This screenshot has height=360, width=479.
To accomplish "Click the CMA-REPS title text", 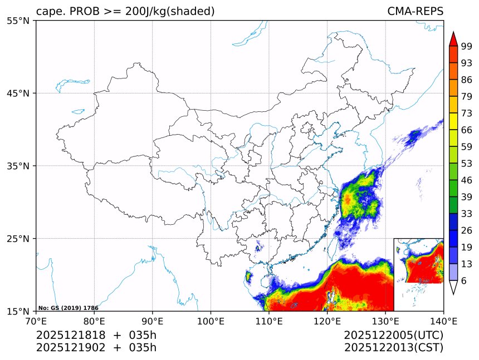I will [x=415, y=12].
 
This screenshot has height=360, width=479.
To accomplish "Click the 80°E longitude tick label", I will [x=94, y=320].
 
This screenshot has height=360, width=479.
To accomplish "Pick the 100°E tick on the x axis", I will [x=211, y=320].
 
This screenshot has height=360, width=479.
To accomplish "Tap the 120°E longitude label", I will [x=327, y=320].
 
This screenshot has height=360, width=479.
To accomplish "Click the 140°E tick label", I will [x=443, y=320].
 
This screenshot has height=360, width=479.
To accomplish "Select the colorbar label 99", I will [x=467, y=46].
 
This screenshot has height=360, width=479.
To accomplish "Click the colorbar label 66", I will [x=467, y=130].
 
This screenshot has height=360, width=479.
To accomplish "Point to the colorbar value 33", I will [x=467, y=214].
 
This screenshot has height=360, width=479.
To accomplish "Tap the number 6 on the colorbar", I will [x=464, y=280].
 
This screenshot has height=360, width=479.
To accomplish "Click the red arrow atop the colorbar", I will [x=453, y=39].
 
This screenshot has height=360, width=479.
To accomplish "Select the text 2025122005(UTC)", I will [x=393, y=336].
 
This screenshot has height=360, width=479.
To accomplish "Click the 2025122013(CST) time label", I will [x=393, y=348].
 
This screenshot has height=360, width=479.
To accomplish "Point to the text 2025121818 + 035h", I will [x=96, y=336].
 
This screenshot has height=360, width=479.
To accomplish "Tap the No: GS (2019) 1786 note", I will [x=69, y=308].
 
